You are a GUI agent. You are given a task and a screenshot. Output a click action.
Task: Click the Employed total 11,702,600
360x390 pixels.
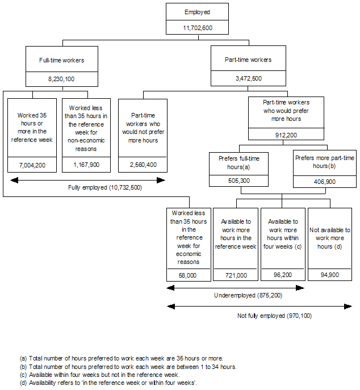[x=198, y=27]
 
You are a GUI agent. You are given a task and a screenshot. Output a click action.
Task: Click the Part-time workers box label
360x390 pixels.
[x=248, y=60]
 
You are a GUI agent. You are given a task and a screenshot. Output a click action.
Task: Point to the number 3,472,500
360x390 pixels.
[x=248, y=78]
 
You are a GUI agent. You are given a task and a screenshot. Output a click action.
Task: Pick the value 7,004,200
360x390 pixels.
[x=32, y=165]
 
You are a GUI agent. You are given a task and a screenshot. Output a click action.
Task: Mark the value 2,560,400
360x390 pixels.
[x=143, y=165]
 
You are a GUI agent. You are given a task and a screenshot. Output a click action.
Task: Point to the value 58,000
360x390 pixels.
[x=188, y=275]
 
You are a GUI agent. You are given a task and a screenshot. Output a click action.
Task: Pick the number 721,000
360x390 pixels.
[x=235, y=275]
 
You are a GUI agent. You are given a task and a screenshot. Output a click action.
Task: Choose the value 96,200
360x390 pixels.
[x=282, y=275]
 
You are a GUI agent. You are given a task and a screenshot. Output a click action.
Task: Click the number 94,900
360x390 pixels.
[x=329, y=275]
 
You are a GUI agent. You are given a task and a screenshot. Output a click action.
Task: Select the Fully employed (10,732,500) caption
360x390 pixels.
[x=89, y=186]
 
